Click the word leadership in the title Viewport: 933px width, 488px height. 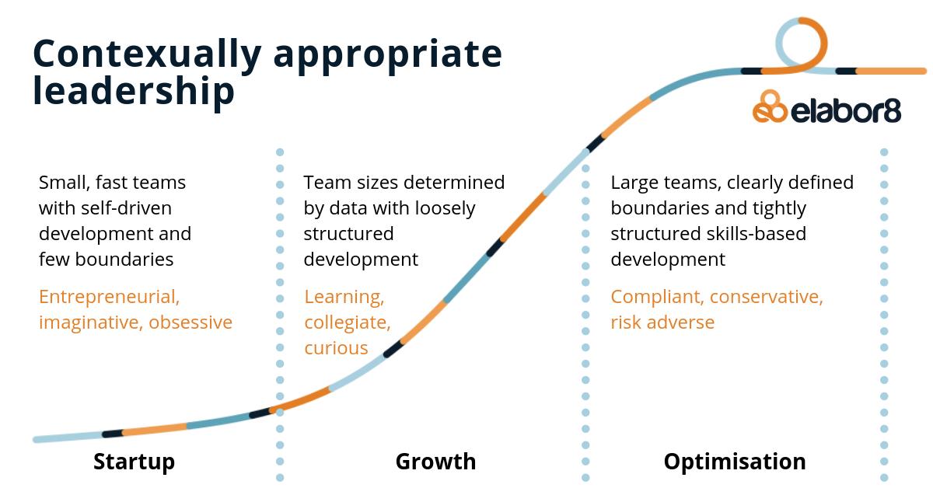[x=134, y=91]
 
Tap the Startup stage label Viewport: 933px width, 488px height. [x=134, y=462]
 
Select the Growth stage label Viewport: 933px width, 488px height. [x=435, y=462]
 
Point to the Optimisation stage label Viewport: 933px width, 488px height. [x=734, y=462]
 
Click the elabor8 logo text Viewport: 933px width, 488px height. [x=846, y=111]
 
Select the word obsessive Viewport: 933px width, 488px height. [x=190, y=322]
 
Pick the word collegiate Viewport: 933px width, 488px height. [x=347, y=322]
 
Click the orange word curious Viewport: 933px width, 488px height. [x=336, y=347]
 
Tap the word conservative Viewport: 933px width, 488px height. [x=766, y=297]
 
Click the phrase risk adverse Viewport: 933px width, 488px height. [x=662, y=322]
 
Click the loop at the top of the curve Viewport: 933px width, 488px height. [x=802, y=43]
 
